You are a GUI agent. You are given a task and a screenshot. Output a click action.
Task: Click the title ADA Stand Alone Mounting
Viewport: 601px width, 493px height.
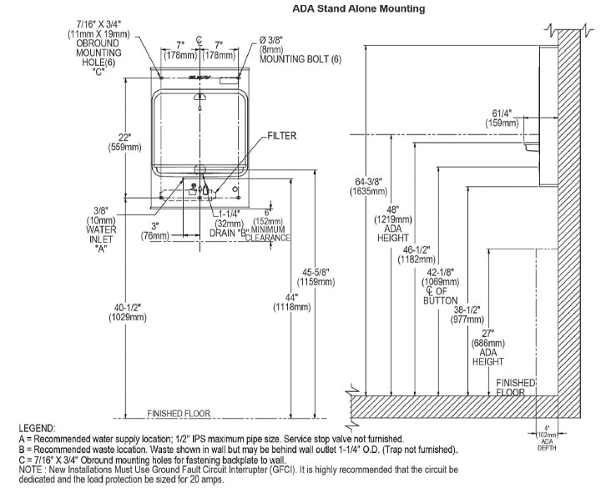(358, 9)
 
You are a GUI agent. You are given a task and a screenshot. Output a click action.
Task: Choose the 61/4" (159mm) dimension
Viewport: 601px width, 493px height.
(502, 118)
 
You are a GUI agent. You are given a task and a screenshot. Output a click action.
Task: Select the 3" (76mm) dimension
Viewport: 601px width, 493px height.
(155, 230)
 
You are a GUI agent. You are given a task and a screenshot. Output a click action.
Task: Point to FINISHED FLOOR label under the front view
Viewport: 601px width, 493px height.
(179, 413)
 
